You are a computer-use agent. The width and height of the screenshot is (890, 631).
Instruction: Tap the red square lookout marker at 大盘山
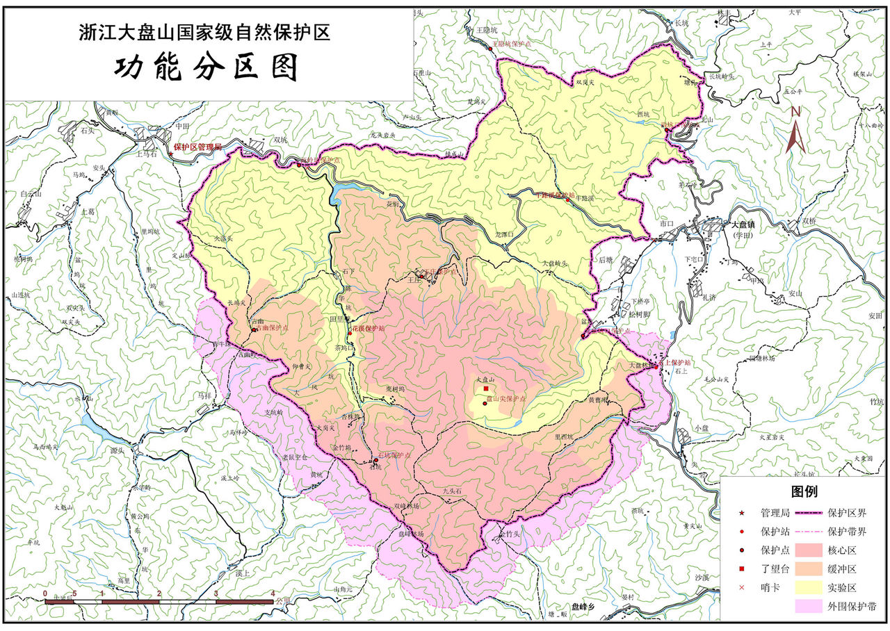click(485, 390)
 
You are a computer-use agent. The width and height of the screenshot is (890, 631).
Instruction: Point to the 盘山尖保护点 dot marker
click(485, 404)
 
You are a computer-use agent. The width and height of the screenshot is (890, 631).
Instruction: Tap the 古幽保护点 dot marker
click(255, 329)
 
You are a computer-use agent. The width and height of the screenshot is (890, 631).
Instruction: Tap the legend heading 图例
click(804, 492)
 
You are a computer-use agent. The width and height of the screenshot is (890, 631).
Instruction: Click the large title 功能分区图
click(207, 67)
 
